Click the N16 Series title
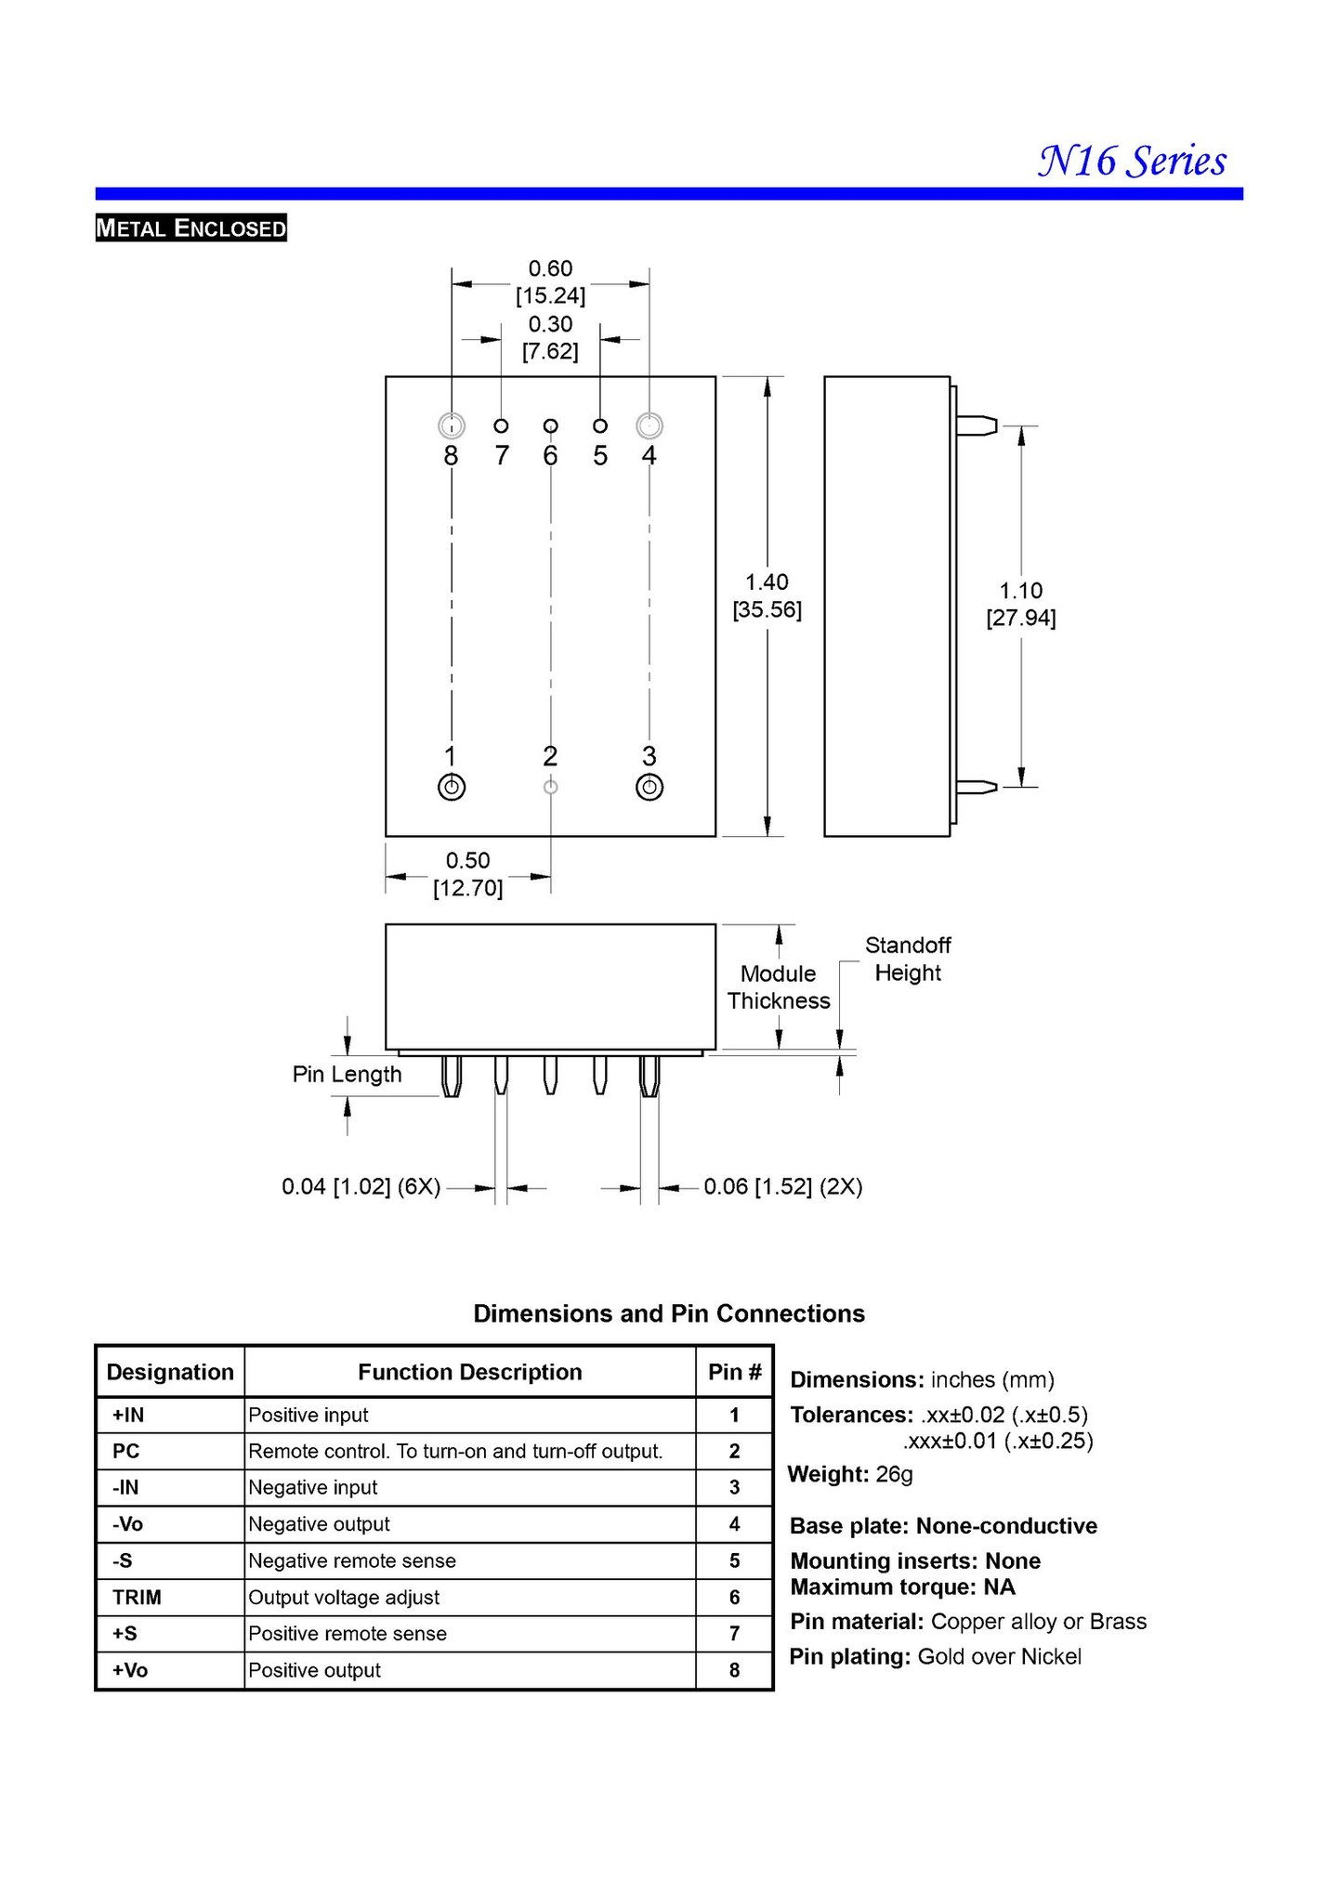1132,162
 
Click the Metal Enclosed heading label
190,228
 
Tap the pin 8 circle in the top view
452,426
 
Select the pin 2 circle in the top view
550,788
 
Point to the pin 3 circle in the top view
649,788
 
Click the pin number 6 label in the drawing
551,456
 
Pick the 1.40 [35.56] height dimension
767,595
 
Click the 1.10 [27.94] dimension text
1020,604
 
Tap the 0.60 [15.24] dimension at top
550,281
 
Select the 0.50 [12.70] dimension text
467,874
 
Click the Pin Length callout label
347,1075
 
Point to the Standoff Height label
908,959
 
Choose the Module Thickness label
779,986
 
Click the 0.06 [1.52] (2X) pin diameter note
782,1186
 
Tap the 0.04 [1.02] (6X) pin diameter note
361,1186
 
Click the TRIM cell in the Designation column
137,1597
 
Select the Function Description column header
469,1372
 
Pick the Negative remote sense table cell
352,1560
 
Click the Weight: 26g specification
850,1474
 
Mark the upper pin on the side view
976,426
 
